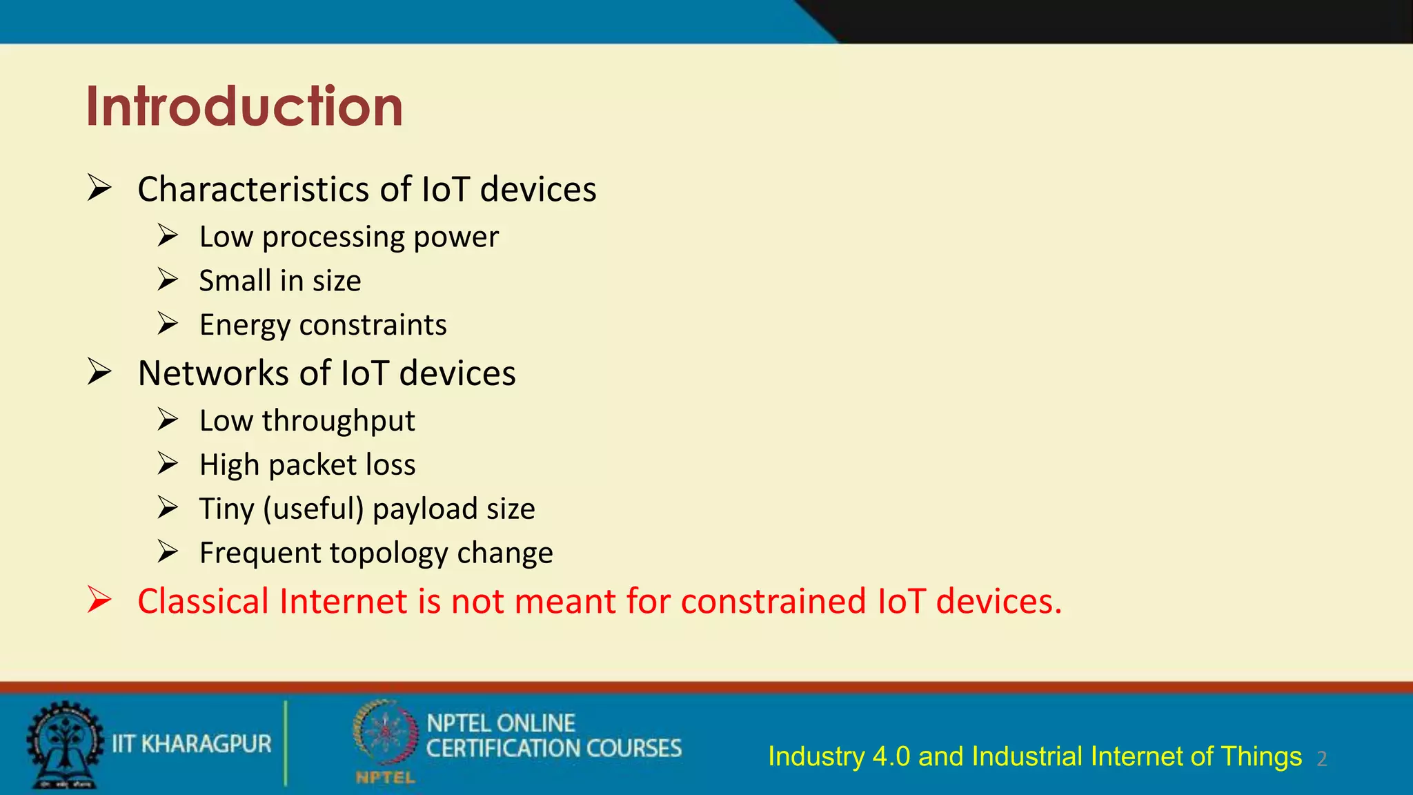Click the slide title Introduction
[244, 107]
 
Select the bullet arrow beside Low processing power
[168, 236]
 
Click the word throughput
[338, 421]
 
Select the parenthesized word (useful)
[313, 509]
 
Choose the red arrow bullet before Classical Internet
[99, 600]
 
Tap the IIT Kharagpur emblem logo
[63, 744]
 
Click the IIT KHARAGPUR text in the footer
[192, 744]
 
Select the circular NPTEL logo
[384, 733]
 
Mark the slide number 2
[1321, 759]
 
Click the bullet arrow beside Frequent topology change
[168, 552]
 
